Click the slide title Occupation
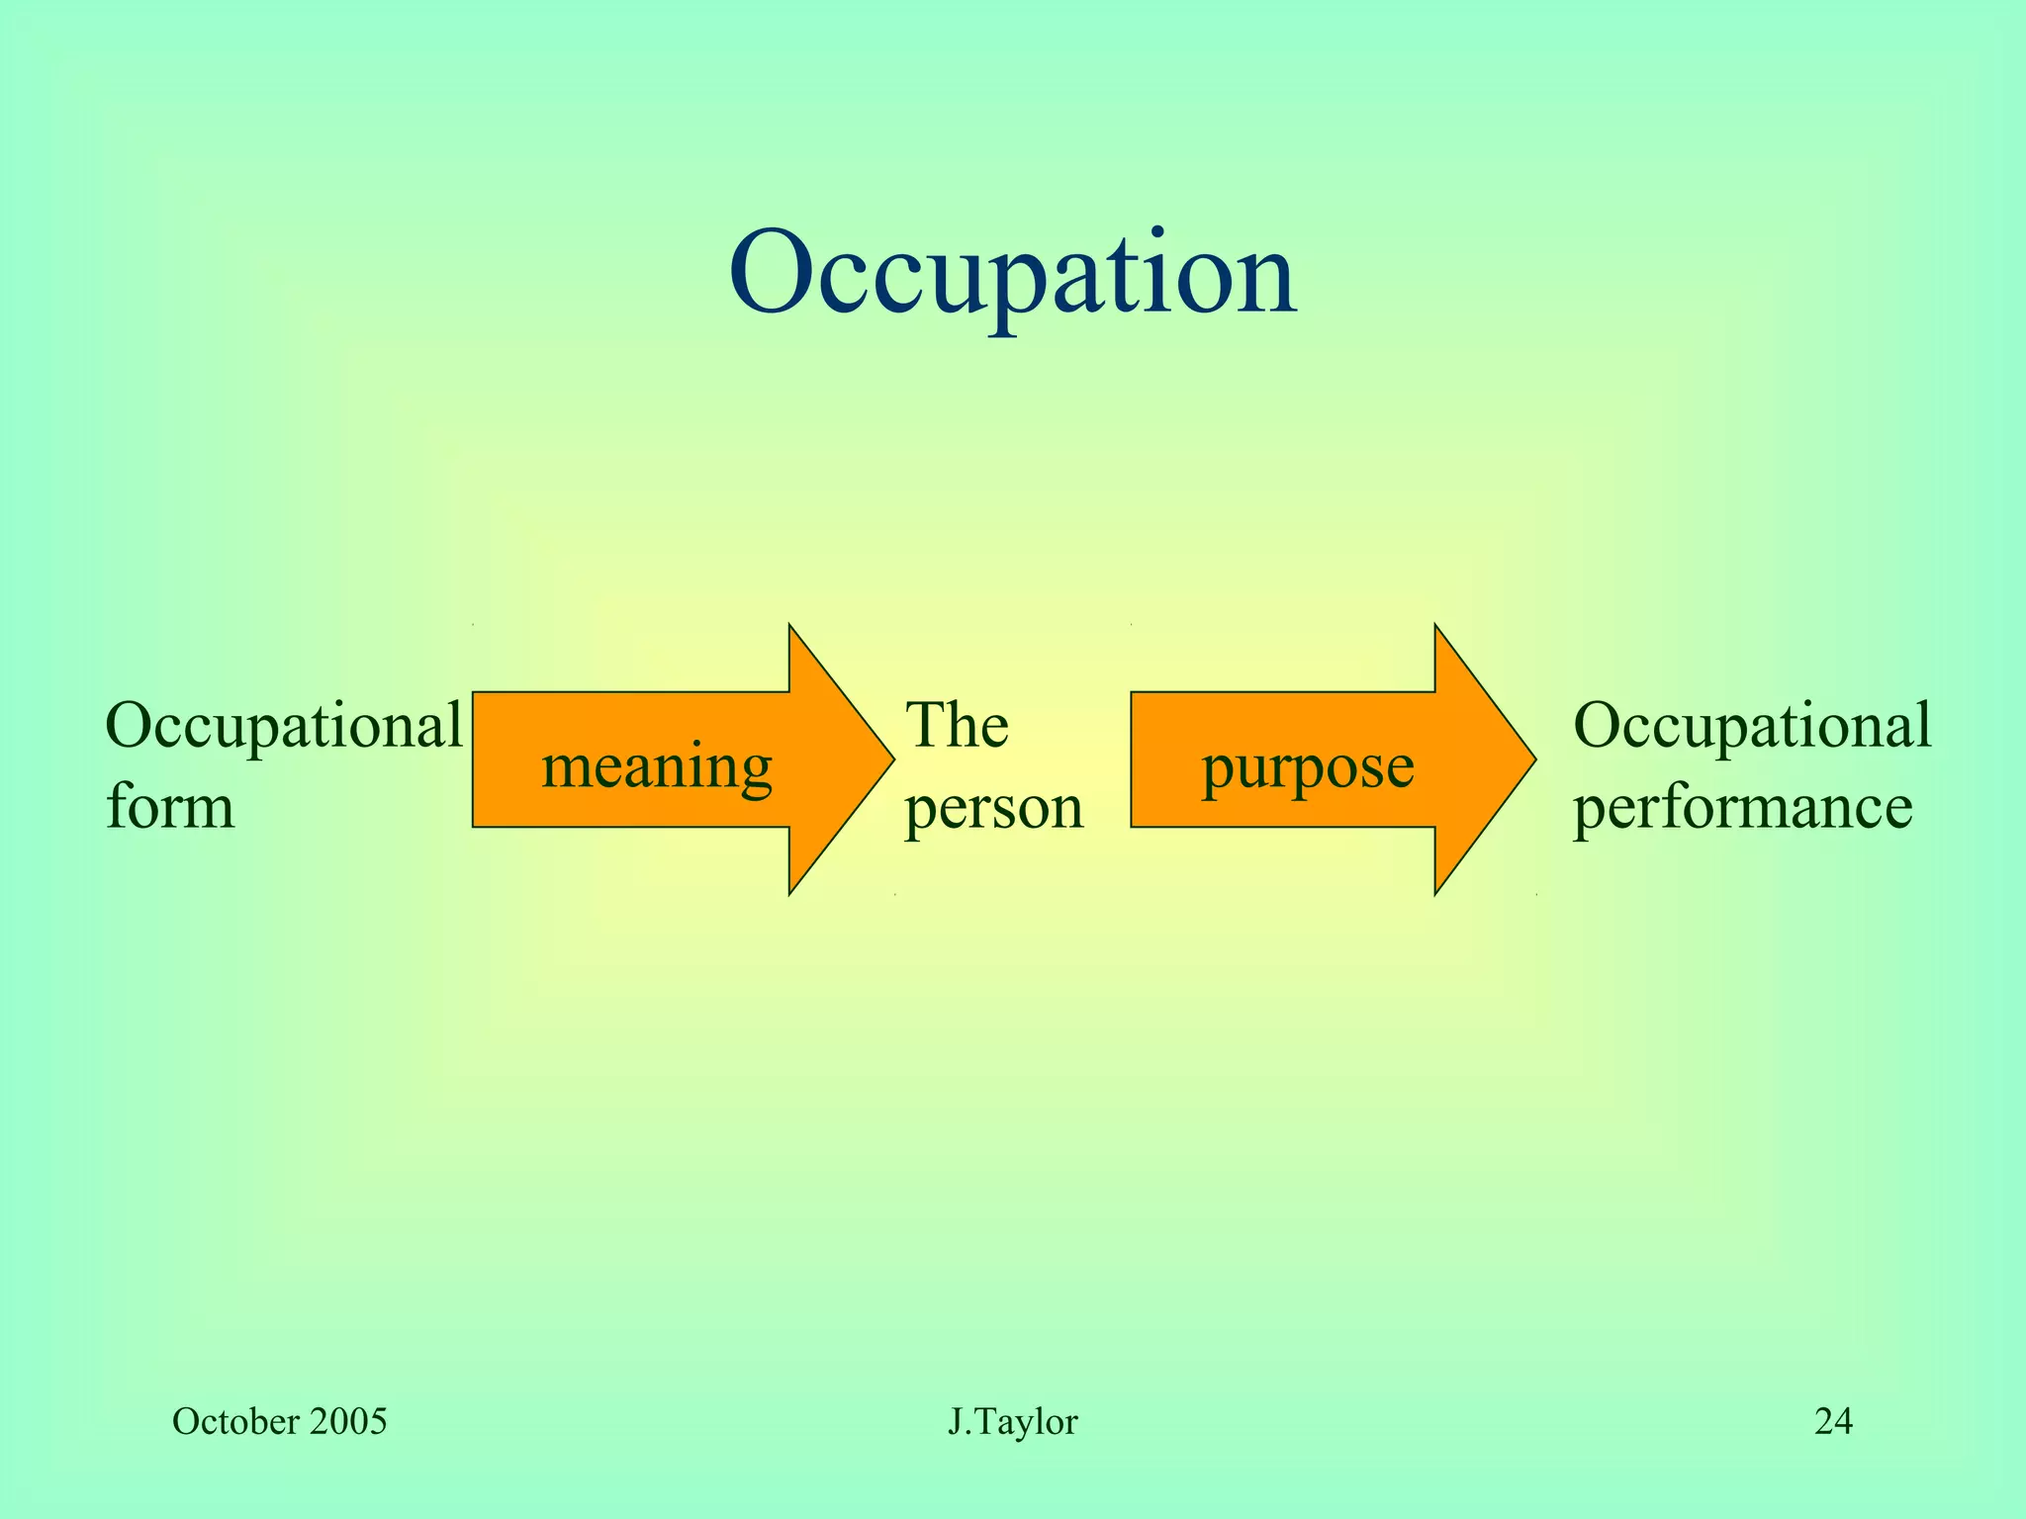click(1012, 272)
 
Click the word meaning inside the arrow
click(657, 766)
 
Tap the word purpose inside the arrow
click(1308, 766)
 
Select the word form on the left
click(170, 805)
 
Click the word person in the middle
click(994, 807)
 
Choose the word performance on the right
click(1742, 807)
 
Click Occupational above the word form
click(284, 726)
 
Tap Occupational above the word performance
click(1752, 726)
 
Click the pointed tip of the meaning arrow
click(891, 759)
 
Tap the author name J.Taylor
click(1012, 1422)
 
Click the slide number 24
click(1833, 1422)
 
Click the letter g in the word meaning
click(753, 776)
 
